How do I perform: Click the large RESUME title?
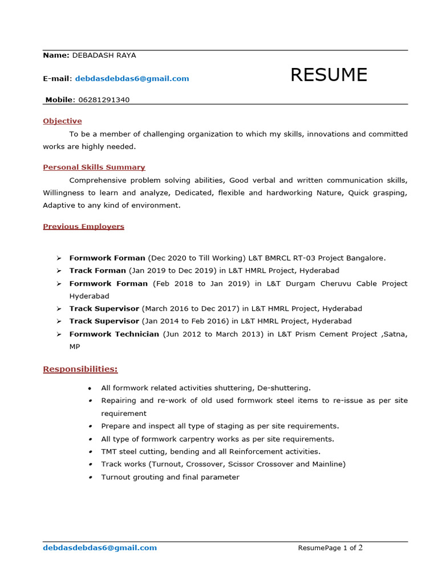pos(328,75)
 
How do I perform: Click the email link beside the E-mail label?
pos(132,78)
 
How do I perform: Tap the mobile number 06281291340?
pos(104,100)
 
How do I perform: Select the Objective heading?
pos(62,121)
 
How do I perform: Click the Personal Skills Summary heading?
pos(94,167)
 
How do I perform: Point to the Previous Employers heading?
pos(83,226)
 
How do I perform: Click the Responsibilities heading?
pos(80,369)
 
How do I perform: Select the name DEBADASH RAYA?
pos(104,55)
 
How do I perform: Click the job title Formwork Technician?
pos(114,334)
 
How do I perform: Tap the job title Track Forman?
pos(98,271)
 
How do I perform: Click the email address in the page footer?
pos(100,548)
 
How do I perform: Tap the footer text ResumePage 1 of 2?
pos(330,548)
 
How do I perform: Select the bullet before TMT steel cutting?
pos(90,452)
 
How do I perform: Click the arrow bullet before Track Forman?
pos(59,271)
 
